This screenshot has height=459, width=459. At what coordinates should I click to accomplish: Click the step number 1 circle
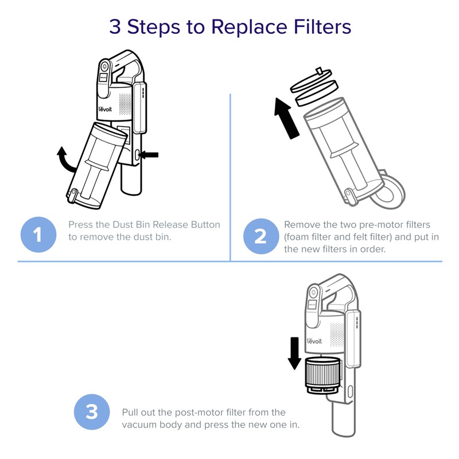[x=38, y=235]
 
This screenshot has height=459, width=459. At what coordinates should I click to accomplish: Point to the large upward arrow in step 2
[x=286, y=118]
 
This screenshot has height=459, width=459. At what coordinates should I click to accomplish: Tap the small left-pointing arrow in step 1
[x=149, y=154]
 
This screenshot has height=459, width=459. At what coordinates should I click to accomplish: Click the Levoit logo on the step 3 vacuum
[x=314, y=341]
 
